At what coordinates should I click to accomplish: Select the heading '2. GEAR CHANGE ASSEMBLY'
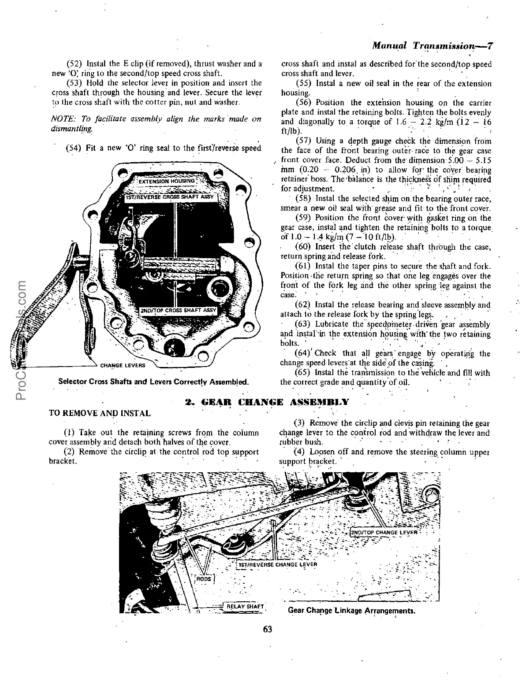pos(267,402)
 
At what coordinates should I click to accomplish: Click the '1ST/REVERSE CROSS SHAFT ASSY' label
pos(170,196)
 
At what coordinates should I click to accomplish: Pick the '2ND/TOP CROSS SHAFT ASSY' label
pos(178,310)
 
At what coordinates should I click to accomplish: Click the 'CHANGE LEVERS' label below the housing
pos(123,365)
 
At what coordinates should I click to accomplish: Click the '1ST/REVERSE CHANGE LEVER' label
pos(278,564)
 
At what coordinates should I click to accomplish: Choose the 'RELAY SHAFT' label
pos(245,607)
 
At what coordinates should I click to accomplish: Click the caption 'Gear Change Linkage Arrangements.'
pos(351,611)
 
